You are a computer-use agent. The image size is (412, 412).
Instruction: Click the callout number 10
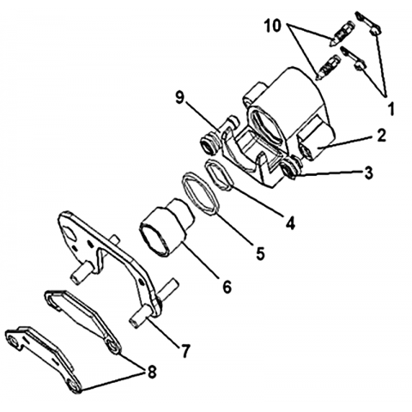[272, 26]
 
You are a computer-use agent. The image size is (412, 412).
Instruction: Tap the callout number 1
[391, 109]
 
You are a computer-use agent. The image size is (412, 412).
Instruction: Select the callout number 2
[381, 136]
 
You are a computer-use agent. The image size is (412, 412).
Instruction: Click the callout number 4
[290, 223]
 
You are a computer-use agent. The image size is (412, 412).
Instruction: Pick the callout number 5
[260, 253]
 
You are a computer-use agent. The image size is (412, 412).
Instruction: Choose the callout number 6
[227, 287]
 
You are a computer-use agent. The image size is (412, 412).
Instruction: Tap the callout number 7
[185, 350]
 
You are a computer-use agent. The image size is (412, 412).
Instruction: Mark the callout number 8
[151, 373]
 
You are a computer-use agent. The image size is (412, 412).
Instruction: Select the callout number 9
[179, 99]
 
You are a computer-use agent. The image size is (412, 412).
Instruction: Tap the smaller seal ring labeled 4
[220, 174]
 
